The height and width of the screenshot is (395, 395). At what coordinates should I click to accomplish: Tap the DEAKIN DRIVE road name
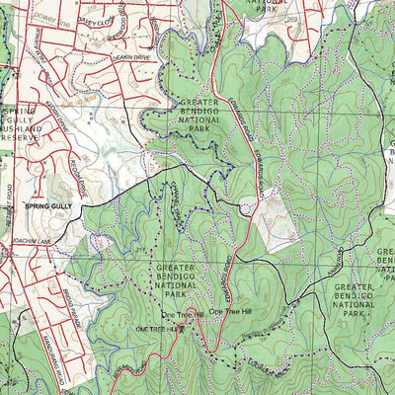click(131, 57)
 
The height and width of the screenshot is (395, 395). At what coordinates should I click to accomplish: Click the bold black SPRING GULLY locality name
click(48, 205)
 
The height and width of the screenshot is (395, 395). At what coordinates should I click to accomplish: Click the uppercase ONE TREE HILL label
click(159, 327)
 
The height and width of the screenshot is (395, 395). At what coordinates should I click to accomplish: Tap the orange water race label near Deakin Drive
click(100, 99)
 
